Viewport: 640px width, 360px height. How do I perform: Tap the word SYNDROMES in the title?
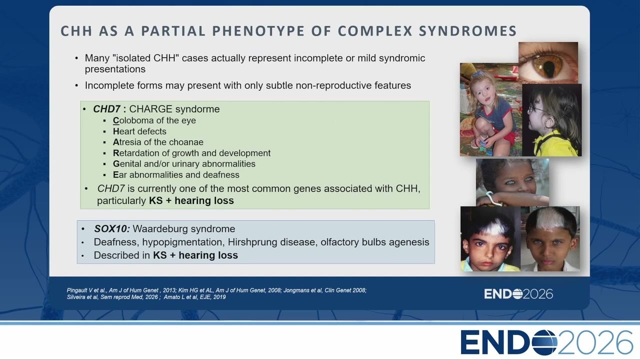coord(467,31)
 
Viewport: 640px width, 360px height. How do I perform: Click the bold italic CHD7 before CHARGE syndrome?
coord(106,109)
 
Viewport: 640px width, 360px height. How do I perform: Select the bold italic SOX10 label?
coord(112,229)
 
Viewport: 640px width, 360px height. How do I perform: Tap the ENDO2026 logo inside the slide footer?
coord(518,294)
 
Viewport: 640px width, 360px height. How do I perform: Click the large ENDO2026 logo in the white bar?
coord(547,342)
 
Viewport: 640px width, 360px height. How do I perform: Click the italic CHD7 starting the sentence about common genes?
coord(111,188)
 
